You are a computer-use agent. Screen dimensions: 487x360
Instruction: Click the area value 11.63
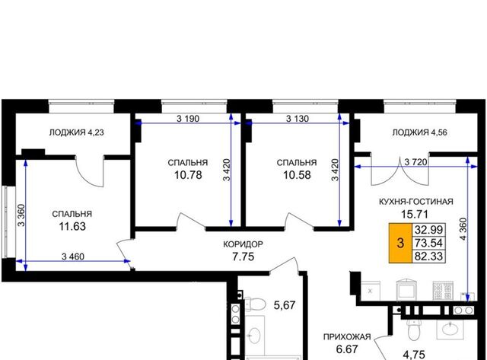72,227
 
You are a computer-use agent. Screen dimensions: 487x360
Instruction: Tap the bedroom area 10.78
188,175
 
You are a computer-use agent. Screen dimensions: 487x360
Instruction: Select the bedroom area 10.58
297,175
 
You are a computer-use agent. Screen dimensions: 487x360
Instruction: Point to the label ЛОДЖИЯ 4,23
76,132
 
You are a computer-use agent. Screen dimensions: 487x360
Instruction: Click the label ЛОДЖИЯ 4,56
419,132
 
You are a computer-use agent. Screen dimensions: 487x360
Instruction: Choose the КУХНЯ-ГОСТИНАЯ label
416,202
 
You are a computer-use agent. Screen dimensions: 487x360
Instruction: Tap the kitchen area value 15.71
415,214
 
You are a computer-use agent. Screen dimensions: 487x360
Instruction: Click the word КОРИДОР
243,244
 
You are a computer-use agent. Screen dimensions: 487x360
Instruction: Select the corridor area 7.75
243,256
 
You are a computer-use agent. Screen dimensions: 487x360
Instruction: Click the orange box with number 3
401,243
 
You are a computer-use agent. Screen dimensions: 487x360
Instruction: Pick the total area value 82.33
428,256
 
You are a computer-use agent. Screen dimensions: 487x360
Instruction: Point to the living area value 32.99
428,230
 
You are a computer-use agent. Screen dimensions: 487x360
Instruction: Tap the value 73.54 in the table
428,243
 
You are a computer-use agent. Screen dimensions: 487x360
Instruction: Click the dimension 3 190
188,118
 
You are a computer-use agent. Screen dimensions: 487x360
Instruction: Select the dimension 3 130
298,118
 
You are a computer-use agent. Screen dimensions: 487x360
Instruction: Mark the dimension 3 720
416,162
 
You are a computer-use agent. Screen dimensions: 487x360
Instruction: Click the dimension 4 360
463,229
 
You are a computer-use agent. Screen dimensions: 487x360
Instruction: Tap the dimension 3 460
73,256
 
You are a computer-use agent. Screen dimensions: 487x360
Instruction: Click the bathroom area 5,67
285,305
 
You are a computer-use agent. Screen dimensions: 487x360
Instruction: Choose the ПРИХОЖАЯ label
347,337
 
